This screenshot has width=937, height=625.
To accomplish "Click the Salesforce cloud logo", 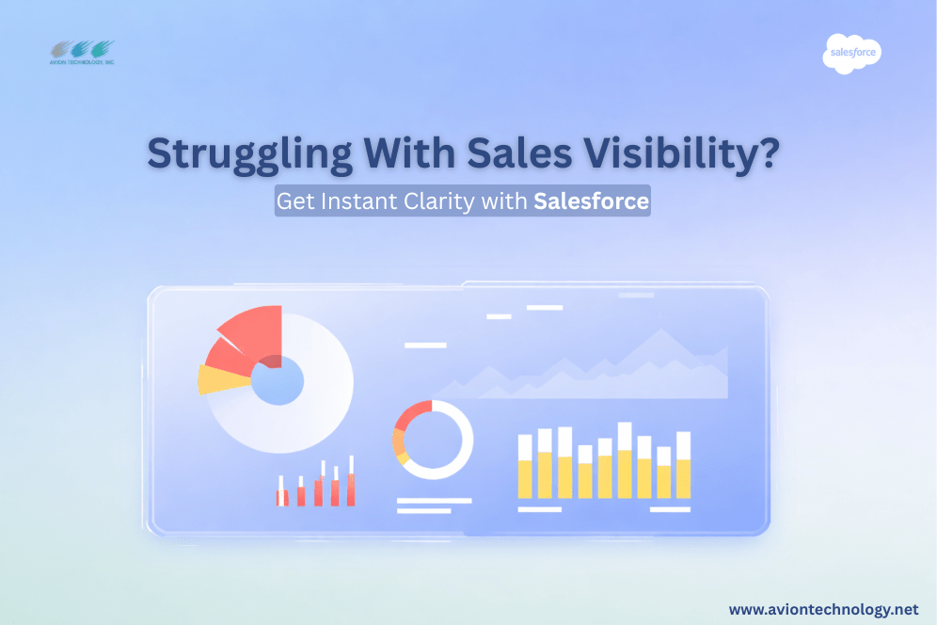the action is coord(851,54).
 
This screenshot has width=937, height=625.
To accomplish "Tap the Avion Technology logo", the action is coord(82,53).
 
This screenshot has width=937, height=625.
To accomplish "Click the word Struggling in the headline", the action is coord(250,154).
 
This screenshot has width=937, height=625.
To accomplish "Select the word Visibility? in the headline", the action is coord(681,153).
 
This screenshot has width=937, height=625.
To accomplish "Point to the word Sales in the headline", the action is coord(519,153).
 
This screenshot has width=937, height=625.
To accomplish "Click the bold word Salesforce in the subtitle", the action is coord(591,200).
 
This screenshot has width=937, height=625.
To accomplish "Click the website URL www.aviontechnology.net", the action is coord(823,609).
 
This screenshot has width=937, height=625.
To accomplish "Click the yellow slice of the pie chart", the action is coord(221,379).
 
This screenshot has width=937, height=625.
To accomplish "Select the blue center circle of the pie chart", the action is coord(278,380).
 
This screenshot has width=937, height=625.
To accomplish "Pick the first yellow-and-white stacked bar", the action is coord(525,467).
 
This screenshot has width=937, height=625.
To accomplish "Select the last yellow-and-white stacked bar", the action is coord(684,465).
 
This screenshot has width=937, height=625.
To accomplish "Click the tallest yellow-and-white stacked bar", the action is coord(625,460).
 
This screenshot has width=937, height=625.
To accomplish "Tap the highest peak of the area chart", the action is coord(661,329).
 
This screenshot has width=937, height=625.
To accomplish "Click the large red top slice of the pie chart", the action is coord(254,332).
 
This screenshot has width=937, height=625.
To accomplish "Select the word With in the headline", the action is coord(410,153).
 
